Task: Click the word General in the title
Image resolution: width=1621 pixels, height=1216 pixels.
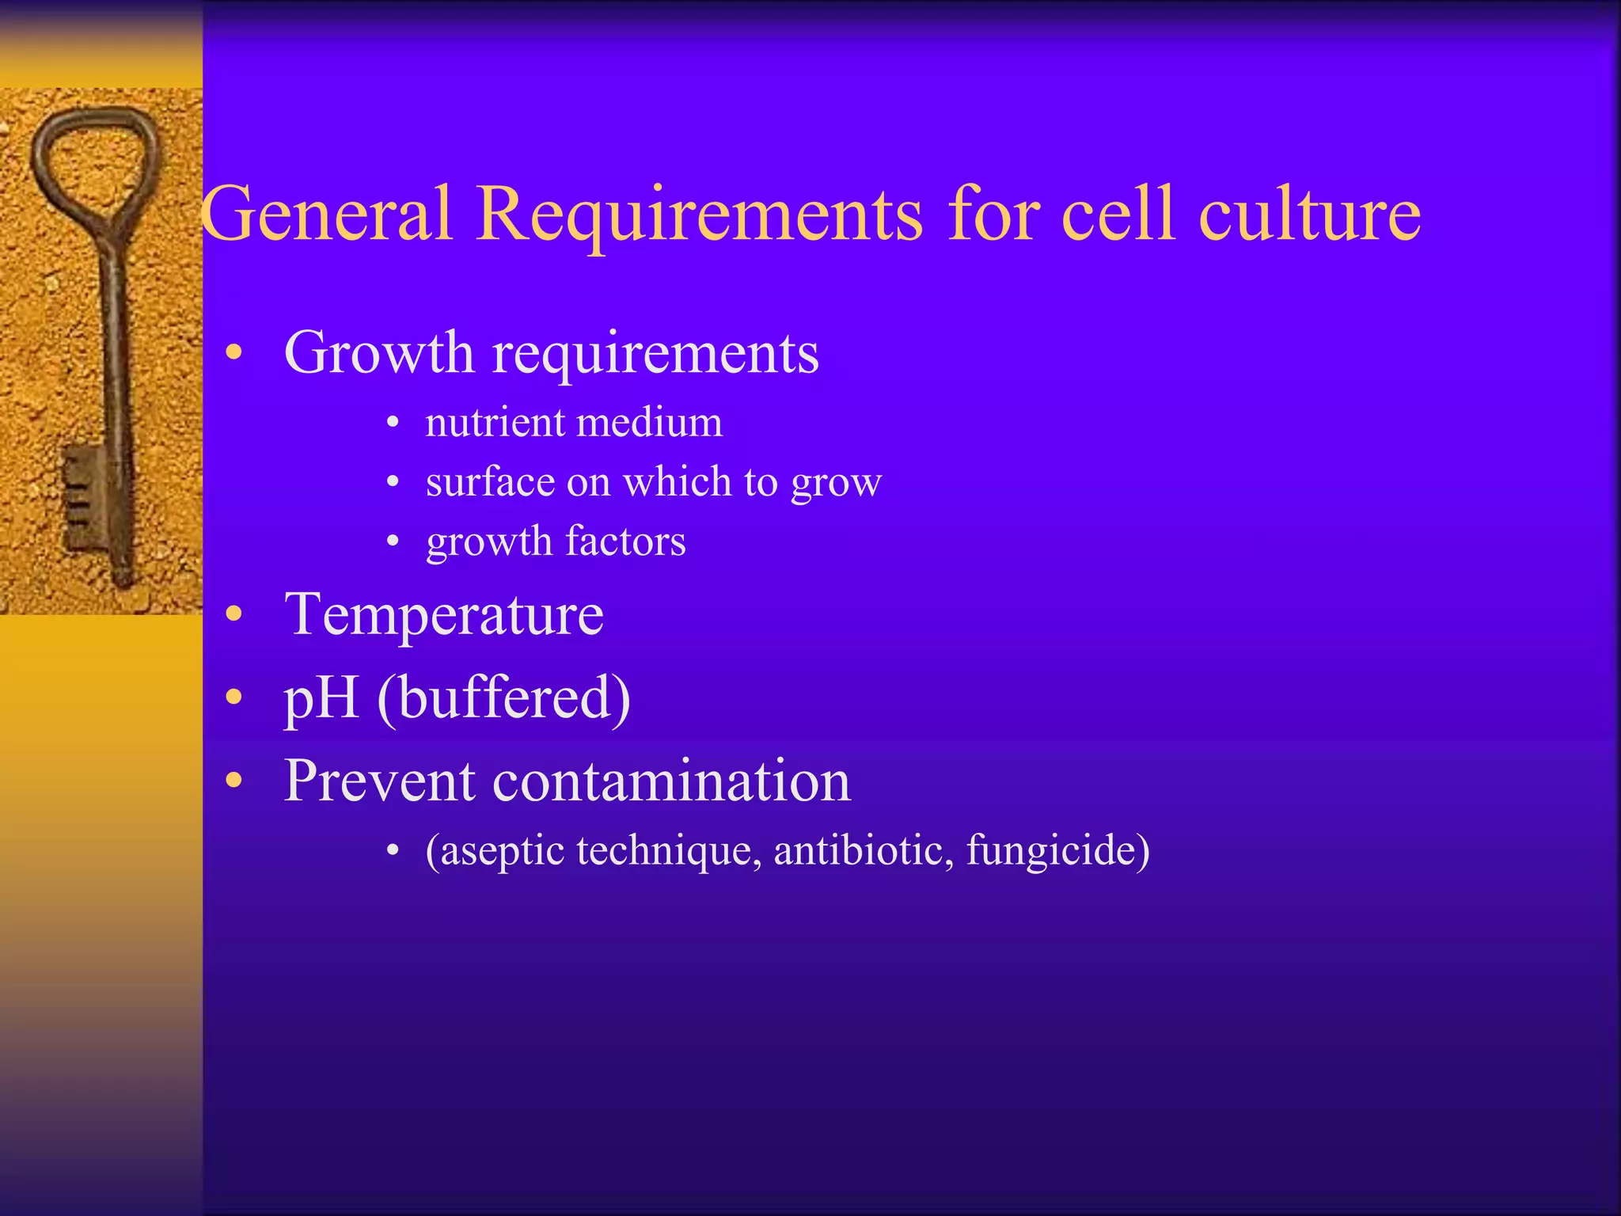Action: (x=326, y=214)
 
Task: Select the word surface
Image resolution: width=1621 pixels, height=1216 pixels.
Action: (x=490, y=482)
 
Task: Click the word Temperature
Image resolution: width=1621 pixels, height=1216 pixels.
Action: (x=443, y=615)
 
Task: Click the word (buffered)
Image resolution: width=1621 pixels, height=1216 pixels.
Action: (x=503, y=698)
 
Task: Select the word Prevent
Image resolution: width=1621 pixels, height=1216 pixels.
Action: (x=379, y=781)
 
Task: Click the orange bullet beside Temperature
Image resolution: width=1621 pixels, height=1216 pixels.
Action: (x=233, y=614)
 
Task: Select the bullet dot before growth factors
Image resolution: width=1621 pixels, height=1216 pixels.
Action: (x=393, y=542)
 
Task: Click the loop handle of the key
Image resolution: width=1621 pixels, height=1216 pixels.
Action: (x=95, y=158)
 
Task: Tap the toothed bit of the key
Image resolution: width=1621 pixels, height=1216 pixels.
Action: (x=82, y=495)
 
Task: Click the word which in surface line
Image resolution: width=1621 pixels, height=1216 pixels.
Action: (x=677, y=482)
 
